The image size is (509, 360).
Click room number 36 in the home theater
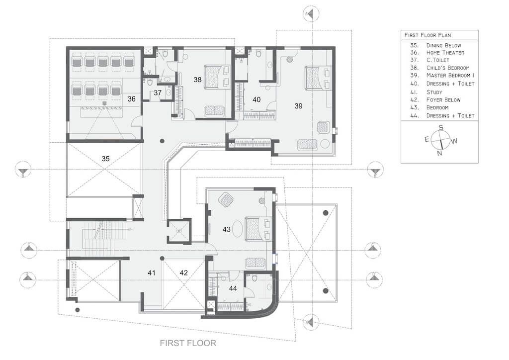click(x=131, y=98)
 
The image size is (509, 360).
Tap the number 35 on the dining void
click(x=105, y=159)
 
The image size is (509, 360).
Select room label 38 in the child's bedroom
click(x=197, y=80)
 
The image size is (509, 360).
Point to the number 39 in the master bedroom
click(x=298, y=106)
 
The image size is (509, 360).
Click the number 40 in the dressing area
click(x=256, y=99)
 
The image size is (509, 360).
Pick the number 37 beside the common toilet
click(x=158, y=93)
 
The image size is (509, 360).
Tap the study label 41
click(x=151, y=272)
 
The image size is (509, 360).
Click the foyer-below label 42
click(x=183, y=272)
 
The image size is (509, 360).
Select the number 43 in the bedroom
click(x=226, y=230)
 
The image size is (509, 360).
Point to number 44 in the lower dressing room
click(x=233, y=288)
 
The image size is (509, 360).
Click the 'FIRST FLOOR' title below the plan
click(x=188, y=343)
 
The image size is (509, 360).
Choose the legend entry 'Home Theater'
click(x=445, y=53)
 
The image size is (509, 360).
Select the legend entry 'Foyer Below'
click(x=443, y=100)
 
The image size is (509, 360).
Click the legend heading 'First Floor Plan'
click(x=427, y=35)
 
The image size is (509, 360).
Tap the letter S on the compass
click(x=441, y=128)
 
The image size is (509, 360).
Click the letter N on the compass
click(x=439, y=153)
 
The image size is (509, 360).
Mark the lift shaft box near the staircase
click(x=179, y=231)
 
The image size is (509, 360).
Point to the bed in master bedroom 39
click(x=318, y=77)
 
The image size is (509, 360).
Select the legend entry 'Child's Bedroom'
click(x=448, y=68)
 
